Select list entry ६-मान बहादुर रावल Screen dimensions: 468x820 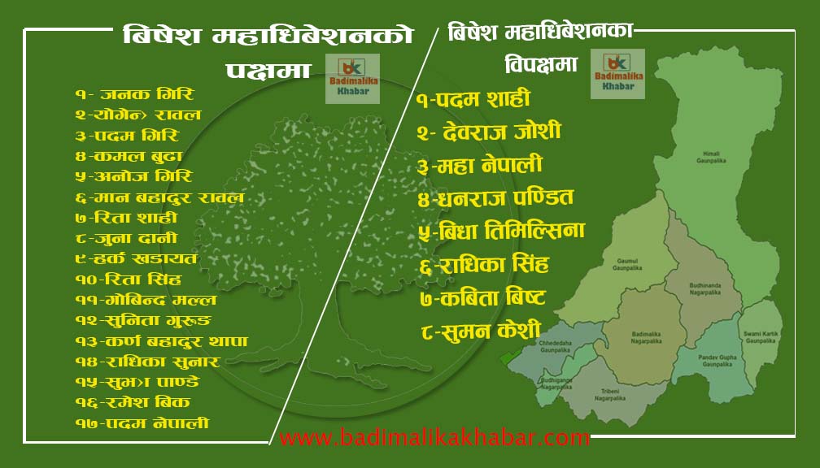pyautogui.click(x=159, y=197)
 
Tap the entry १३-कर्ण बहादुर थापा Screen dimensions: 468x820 pyautogui.click(x=161, y=341)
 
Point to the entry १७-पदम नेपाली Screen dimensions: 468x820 pyautogui.click(x=142, y=423)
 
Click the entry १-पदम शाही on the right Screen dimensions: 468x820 pyautogui.click(x=472, y=100)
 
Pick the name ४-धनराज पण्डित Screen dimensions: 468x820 pyautogui.click(x=495, y=197)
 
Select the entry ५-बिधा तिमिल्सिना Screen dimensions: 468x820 pyautogui.click(x=500, y=230)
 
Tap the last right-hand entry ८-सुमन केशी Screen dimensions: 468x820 pyautogui.click(x=481, y=331)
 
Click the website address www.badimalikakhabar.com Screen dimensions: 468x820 pyautogui.click(x=434, y=438)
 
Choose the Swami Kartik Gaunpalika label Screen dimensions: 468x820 pyautogui.click(x=760, y=337)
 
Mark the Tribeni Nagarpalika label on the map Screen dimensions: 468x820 pyautogui.click(x=608, y=396)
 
